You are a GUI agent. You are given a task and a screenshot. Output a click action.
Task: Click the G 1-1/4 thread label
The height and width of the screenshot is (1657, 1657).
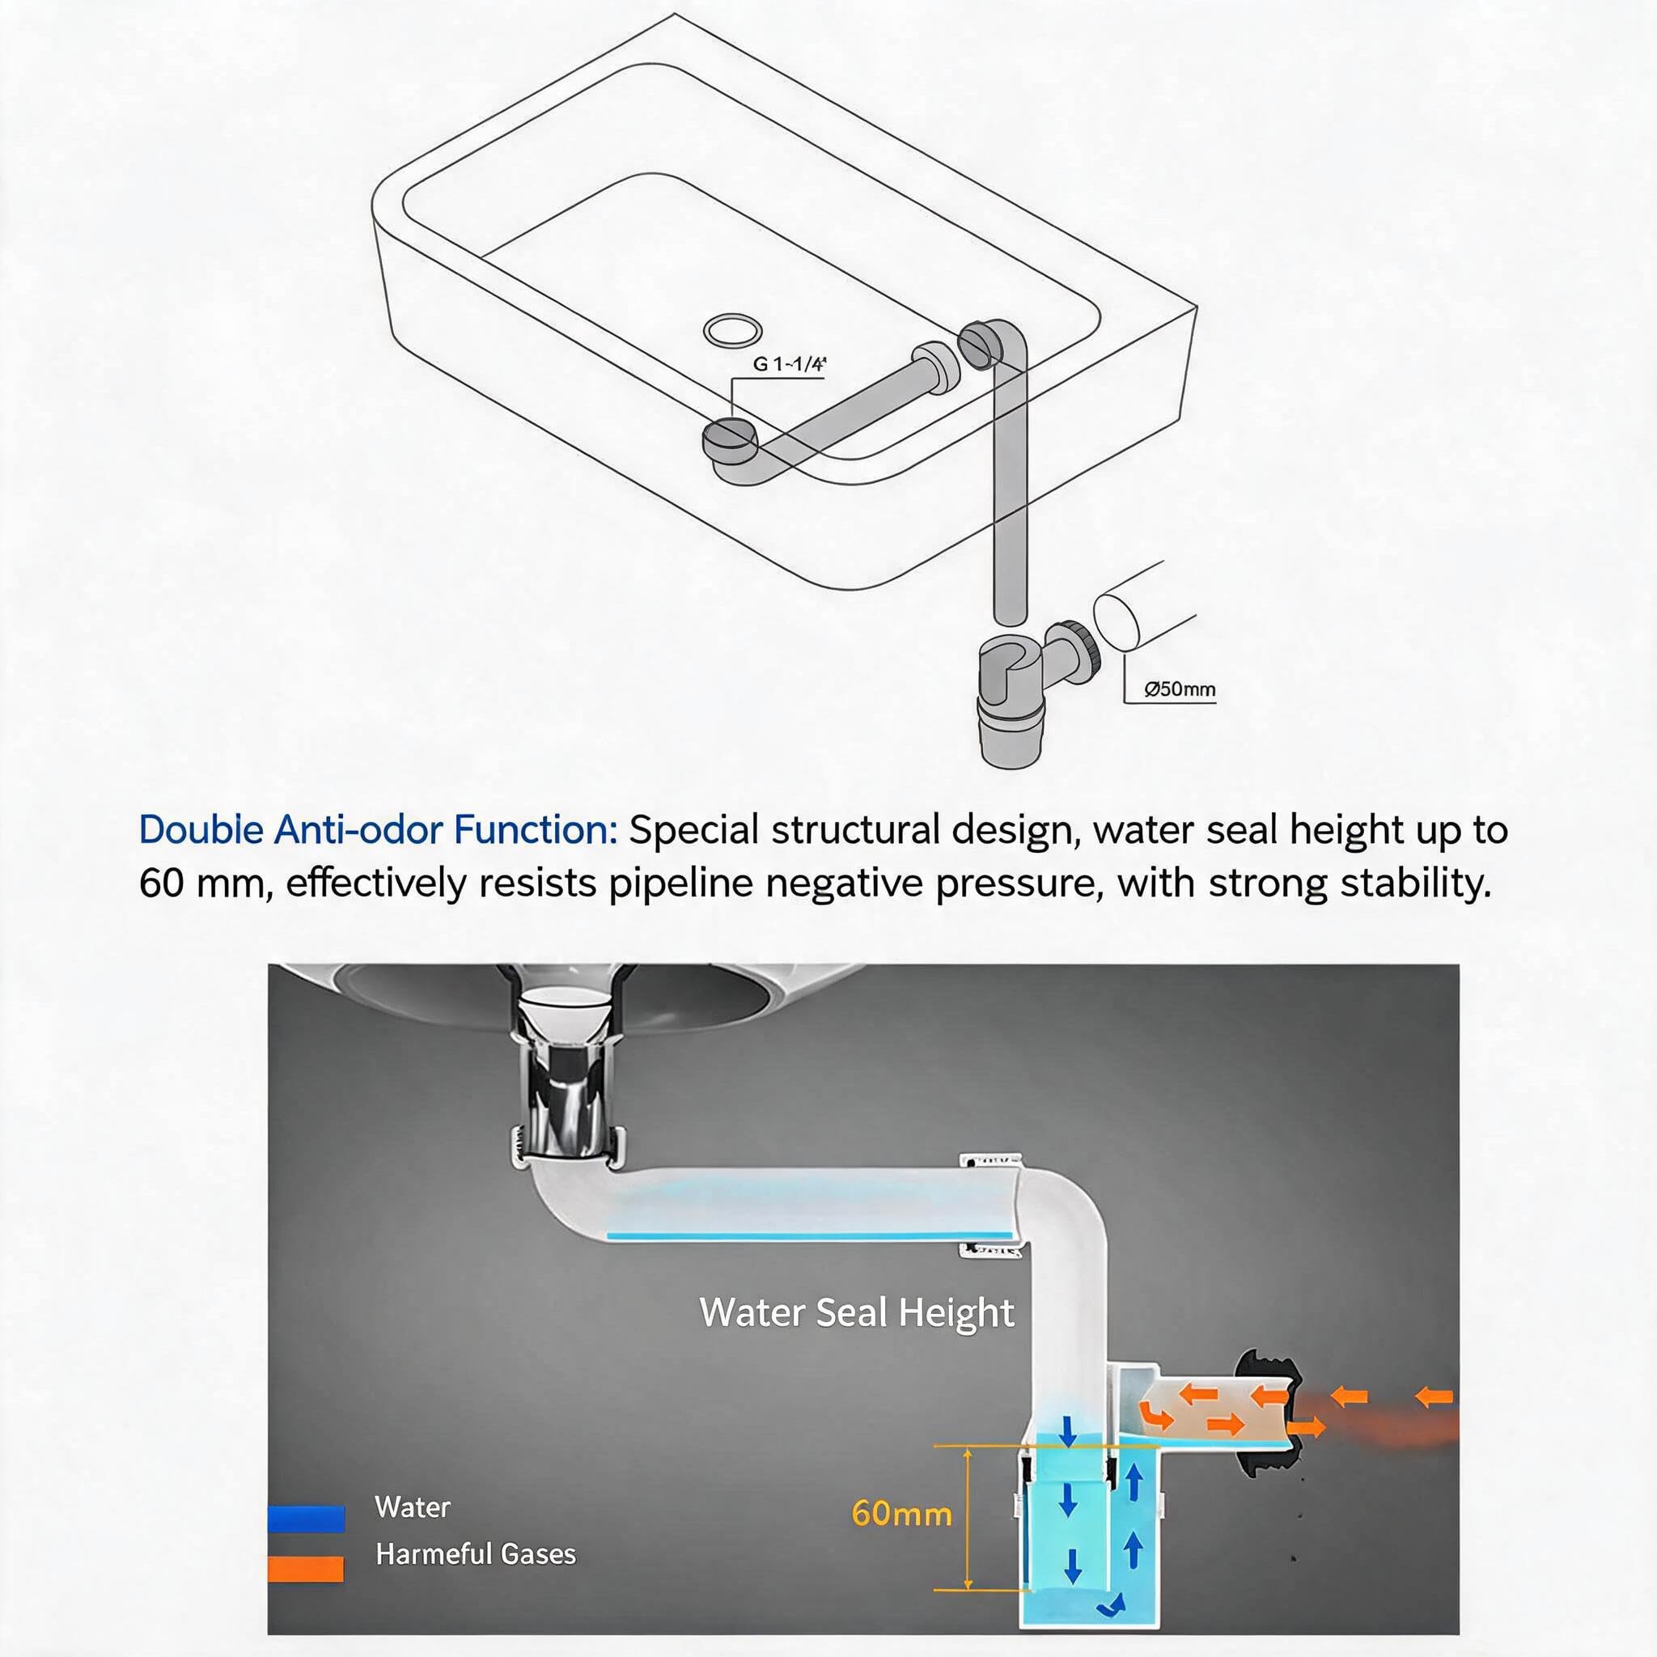[x=789, y=363]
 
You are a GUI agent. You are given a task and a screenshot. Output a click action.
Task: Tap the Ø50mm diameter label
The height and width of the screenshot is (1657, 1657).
[x=1180, y=689]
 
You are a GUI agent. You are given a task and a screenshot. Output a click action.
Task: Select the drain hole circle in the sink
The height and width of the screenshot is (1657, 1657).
[x=731, y=329]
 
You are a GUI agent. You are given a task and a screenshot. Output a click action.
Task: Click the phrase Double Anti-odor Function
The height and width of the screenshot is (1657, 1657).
[x=378, y=829]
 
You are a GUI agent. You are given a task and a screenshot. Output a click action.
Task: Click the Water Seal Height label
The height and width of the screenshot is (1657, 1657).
[x=856, y=1312]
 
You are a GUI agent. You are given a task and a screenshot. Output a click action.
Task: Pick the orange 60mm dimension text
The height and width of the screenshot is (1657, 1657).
[x=901, y=1514]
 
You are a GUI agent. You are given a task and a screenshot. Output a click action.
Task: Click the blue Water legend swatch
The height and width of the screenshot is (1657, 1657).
[x=306, y=1519]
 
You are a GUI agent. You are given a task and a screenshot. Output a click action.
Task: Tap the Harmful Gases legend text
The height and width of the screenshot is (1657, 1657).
[x=476, y=1554]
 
